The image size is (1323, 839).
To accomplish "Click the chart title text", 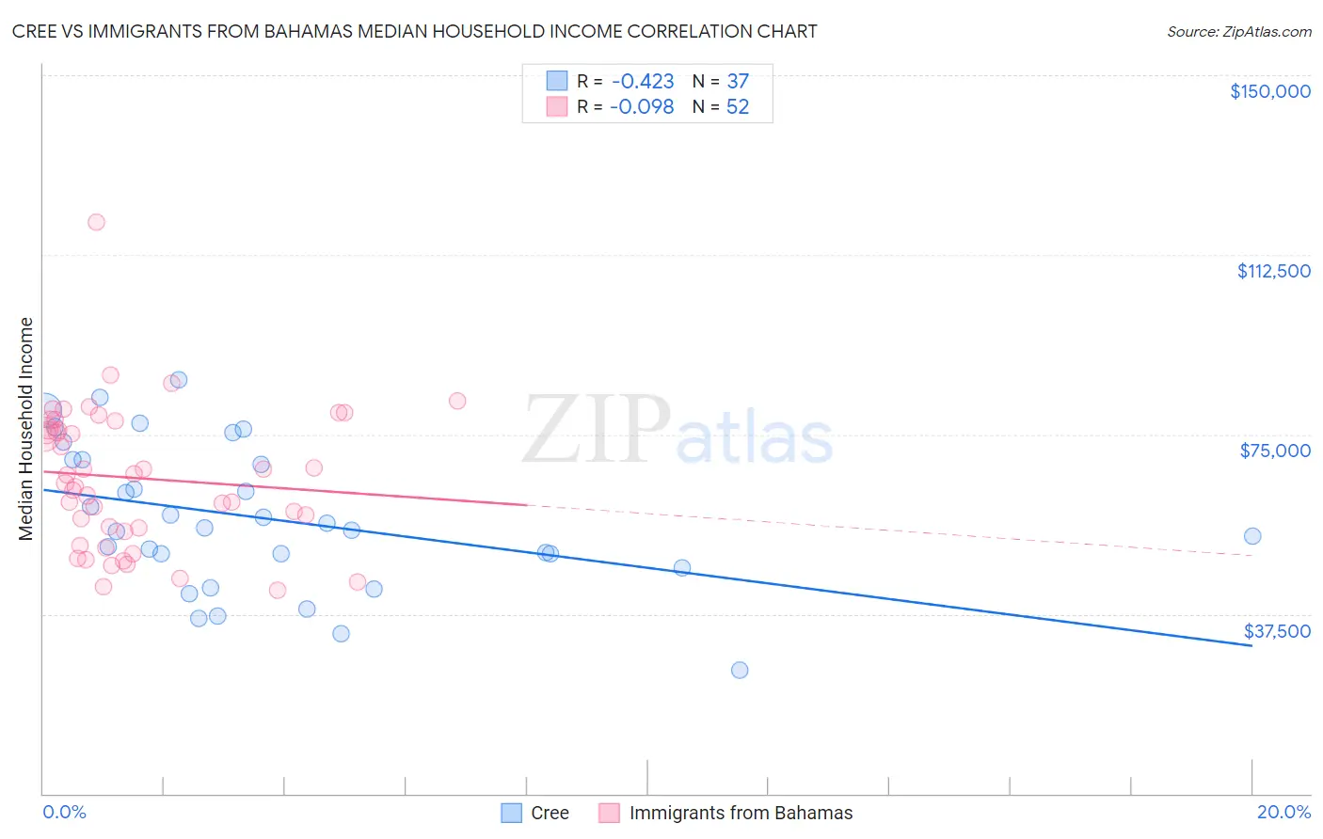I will (x=414, y=31).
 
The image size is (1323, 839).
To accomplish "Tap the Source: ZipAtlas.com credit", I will (x=1238, y=31).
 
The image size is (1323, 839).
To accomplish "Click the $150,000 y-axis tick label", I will (x=1269, y=91).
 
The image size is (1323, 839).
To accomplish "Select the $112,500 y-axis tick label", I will (x=1273, y=271).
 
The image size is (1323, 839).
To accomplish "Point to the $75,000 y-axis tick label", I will (x=1275, y=451).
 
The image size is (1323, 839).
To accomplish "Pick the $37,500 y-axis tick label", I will (x=1277, y=631).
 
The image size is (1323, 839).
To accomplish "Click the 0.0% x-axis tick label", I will (x=64, y=812).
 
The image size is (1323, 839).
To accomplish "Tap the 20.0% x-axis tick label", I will (x=1283, y=812).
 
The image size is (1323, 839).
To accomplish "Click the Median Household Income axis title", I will (x=26, y=429).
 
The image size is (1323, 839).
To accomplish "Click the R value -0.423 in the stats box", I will (x=642, y=82).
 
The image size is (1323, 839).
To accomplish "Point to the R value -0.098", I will (x=642, y=107).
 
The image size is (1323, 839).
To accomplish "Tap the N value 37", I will (x=738, y=82).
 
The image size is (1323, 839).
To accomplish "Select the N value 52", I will (x=738, y=107).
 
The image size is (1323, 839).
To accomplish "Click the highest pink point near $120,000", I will (x=96, y=222).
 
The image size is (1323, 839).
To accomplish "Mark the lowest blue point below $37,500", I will (x=740, y=670).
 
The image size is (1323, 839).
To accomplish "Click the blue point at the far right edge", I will (x=1252, y=536).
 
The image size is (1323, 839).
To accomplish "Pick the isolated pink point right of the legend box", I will (x=457, y=401).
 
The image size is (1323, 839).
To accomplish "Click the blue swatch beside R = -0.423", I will (x=557, y=82).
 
